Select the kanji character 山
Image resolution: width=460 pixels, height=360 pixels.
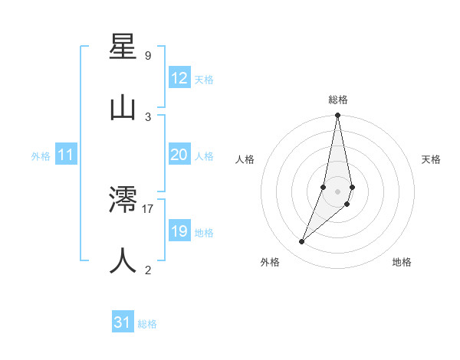(x=123, y=107)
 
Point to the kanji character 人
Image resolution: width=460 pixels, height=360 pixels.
(x=123, y=260)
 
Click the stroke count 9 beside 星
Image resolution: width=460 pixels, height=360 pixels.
(x=148, y=55)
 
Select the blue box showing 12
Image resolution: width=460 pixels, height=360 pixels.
(x=179, y=78)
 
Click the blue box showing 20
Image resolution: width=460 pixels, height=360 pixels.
(x=179, y=155)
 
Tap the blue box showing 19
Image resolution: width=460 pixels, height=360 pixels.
(x=179, y=231)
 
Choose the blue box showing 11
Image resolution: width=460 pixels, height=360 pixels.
(x=66, y=155)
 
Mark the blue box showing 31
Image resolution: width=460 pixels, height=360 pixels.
(x=123, y=322)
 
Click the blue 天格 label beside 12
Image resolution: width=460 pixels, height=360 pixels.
(x=204, y=80)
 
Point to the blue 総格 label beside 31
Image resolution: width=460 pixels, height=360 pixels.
(x=147, y=324)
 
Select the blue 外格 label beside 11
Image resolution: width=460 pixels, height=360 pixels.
(x=41, y=156)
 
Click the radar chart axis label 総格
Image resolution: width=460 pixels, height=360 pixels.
(x=338, y=100)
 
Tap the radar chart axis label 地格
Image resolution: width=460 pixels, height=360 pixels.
(x=402, y=262)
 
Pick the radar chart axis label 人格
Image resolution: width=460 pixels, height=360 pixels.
(x=245, y=159)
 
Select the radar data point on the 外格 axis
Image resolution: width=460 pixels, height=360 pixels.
(x=302, y=242)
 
